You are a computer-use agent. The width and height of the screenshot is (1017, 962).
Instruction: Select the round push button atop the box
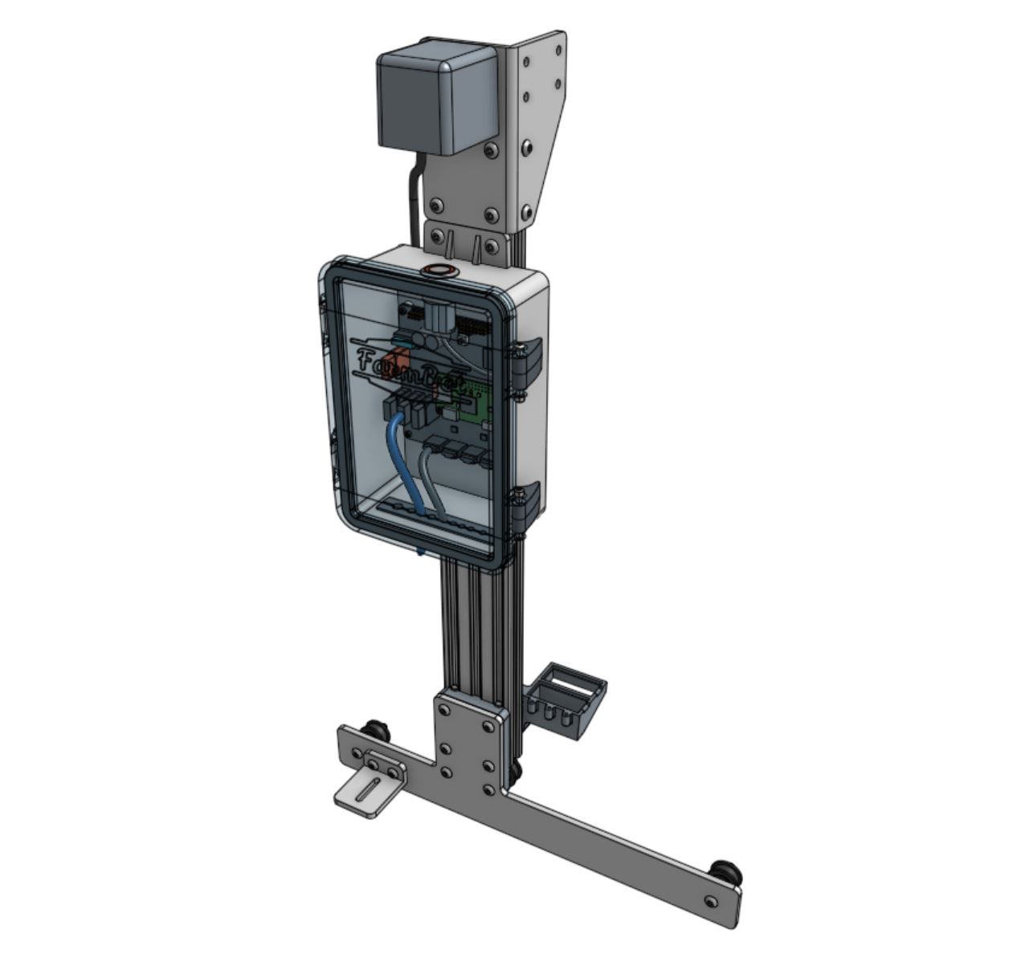pos(440,269)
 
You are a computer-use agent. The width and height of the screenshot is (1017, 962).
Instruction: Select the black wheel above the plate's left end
pos(375,732)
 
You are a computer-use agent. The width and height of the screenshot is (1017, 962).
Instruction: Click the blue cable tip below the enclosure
pos(421,552)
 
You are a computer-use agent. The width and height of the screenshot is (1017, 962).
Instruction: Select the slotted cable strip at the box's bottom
pos(434,518)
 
